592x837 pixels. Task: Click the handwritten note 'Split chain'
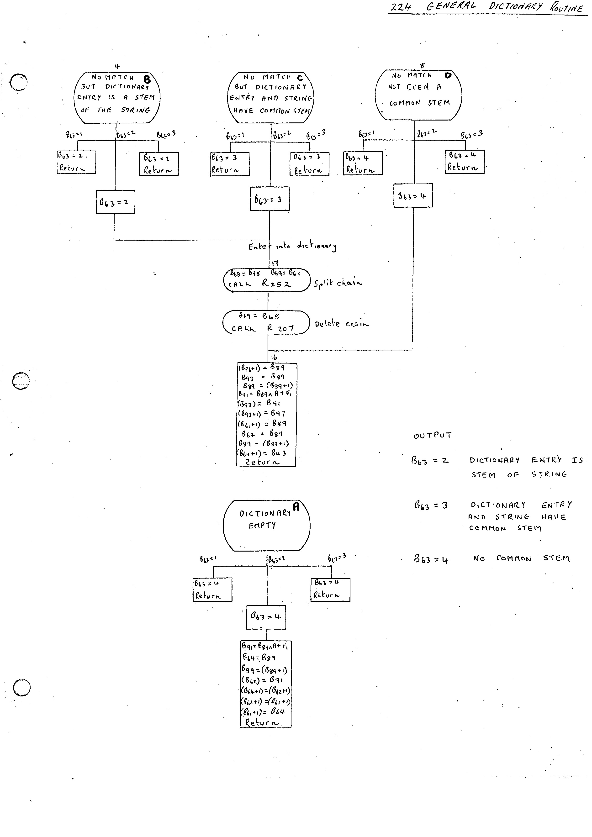(x=338, y=283)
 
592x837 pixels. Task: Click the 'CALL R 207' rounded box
(x=266, y=322)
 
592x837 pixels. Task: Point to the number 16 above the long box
(x=274, y=358)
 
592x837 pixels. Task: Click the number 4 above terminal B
(x=117, y=66)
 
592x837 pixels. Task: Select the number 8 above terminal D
(x=422, y=66)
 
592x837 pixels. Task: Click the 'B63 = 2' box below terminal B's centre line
(x=115, y=202)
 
